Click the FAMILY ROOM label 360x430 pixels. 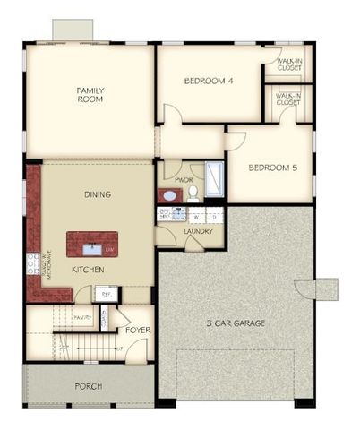(x=90, y=94)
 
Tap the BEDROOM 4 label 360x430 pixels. (x=208, y=81)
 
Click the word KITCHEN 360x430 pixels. (x=89, y=270)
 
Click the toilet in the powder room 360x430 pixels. (x=193, y=192)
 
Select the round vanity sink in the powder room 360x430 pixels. (x=167, y=194)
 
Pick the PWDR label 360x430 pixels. (x=184, y=179)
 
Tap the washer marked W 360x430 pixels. (x=195, y=216)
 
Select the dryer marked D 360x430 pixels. (x=215, y=216)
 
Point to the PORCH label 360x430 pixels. (x=87, y=386)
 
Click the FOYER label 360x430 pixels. (x=137, y=330)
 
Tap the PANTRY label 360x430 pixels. (x=83, y=317)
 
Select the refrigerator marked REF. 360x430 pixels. (x=105, y=293)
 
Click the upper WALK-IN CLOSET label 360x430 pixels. (x=287, y=64)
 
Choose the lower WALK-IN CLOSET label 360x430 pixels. (x=287, y=99)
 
